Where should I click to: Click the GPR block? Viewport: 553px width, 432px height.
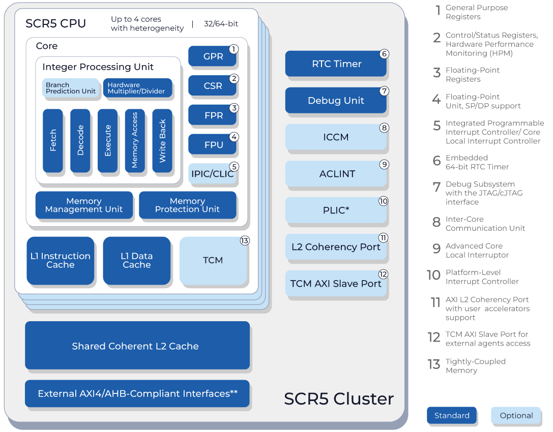tap(212, 56)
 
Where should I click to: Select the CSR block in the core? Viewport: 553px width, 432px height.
tap(212, 86)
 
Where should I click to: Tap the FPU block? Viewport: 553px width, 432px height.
tap(213, 145)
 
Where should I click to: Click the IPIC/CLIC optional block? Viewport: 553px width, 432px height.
tap(212, 174)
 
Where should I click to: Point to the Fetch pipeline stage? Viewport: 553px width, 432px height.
tap(53, 140)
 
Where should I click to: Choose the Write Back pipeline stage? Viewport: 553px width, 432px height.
tap(162, 140)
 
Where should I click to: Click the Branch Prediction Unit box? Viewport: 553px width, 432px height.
tap(70, 88)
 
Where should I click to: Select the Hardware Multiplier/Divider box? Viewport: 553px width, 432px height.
tap(137, 88)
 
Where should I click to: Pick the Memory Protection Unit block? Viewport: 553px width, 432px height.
tap(187, 205)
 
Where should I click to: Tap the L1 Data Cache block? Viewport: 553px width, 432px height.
tap(136, 260)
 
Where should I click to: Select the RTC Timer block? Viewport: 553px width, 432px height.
tap(336, 64)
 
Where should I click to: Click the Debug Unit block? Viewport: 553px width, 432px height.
tap(336, 101)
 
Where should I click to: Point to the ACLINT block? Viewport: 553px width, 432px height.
tap(336, 174)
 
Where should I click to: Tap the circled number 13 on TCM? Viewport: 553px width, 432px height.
tap(245, 241)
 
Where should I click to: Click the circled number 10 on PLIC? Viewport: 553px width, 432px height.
tap(383, 201)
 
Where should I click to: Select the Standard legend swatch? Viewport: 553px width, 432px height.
tap(451, 416)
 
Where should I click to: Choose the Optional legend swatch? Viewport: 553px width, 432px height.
tap(516, 416)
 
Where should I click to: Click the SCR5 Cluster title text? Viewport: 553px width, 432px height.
tap(338, 399)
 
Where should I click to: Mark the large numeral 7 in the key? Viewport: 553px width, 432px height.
tap(436, 187)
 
